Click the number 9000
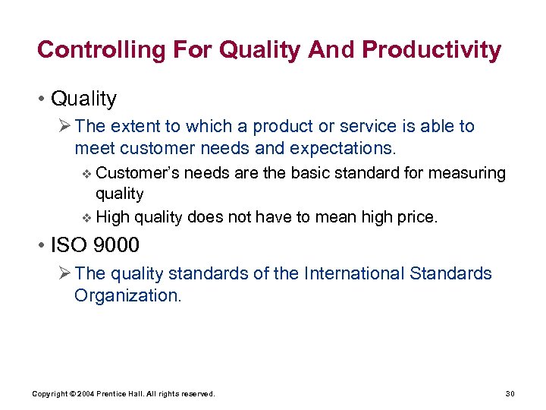[117, 245]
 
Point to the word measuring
[468, 173]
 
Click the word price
[416, 217]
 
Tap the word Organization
[127, 295]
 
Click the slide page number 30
[509, 393]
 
